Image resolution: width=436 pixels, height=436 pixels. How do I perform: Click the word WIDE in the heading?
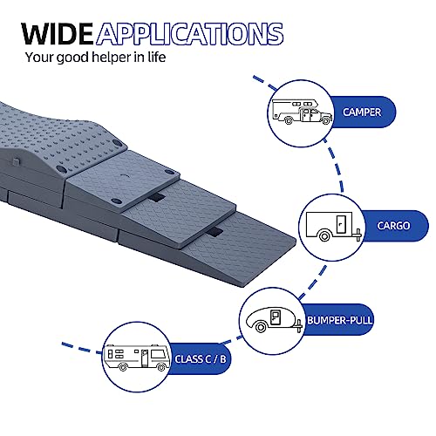click(57, 34)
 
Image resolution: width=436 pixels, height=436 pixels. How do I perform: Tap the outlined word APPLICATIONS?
click(190, 34)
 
